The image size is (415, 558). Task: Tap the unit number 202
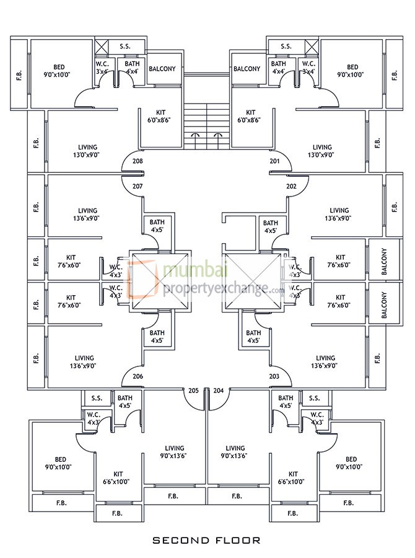(275, 186)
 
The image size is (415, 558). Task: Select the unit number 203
(275, 376)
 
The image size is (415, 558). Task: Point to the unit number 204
(219, 391)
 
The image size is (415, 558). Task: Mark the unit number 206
(138, 376)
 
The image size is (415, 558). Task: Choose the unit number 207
(138, 186)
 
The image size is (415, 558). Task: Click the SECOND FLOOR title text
(207, 540)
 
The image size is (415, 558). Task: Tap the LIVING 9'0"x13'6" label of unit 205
(175, 452)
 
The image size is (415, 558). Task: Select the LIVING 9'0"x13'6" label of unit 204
(235, 452)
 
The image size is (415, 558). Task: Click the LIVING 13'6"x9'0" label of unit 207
(84, 214)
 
